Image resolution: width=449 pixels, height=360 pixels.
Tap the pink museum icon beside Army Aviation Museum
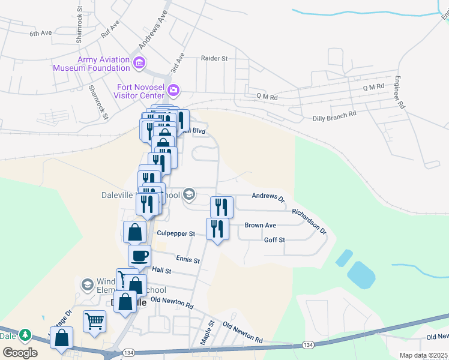tap(139, 62)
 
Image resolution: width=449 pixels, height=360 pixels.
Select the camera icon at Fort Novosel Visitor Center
tap(173, 91)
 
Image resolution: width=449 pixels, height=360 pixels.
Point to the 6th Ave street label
tap(42, 34)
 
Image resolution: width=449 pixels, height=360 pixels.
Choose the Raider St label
tap(215, 59)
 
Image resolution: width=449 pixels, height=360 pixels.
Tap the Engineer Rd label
tap(398, 93)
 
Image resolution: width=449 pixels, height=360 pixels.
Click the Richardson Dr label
tap(309, 221)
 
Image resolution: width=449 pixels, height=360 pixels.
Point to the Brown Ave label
tap(260, 226)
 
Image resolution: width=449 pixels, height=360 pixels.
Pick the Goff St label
tap(274, 239)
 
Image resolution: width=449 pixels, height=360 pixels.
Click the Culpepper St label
tap(176, 233)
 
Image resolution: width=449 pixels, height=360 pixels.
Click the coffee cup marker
tap(140, 256)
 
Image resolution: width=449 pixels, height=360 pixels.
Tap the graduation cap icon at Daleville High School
tap(189, 194)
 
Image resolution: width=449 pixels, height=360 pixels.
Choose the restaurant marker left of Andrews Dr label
tap(221, 208)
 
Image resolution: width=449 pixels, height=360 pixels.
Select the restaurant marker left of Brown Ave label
tap(217, 229)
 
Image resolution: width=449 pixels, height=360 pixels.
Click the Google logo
tap(20, 353)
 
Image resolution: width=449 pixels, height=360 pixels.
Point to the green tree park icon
tap(25, 334)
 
